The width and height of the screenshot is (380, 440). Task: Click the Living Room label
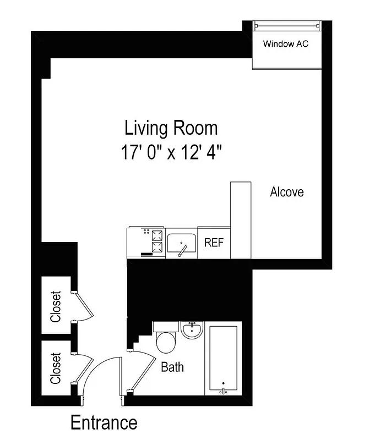tap(171, 128)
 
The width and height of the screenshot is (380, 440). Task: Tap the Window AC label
tap(285, 43)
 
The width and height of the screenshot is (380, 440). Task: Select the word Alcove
tap(286, 192)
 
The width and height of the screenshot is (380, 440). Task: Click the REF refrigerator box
tap(214, 243)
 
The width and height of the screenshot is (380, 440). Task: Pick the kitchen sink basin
tap(182, 243)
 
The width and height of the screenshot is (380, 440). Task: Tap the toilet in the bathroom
tap(165, 341)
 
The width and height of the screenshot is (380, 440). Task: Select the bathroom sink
tap(192, 330)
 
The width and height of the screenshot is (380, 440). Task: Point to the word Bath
tap(172, 367)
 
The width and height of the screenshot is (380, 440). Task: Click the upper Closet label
tap(56, 306)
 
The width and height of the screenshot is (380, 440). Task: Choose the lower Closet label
tap(56, 368)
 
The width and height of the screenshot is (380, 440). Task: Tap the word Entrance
tap(104, 422)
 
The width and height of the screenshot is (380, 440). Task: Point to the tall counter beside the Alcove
tap(241, 220)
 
